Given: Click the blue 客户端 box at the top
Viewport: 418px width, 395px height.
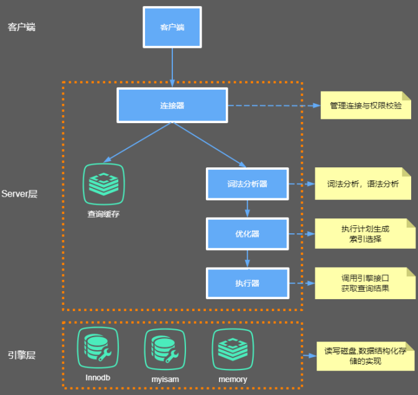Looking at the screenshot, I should pos(172,27).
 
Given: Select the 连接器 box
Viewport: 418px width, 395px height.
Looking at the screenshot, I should pos(172,105).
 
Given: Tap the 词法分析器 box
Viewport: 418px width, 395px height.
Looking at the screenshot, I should pos(248,184).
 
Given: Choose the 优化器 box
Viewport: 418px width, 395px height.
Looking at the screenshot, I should pos(248,234).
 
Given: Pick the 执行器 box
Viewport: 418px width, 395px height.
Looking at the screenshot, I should pos(248,284).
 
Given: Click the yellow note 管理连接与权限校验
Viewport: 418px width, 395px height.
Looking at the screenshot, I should pos(366,106).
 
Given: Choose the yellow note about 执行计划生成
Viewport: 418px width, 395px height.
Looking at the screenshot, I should pos(365,234).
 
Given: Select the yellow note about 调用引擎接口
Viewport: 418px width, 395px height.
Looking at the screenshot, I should pos(365,284).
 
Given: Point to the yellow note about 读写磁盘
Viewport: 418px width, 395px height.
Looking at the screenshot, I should pos(365,356).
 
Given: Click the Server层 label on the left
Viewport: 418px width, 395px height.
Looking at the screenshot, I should pos(20,194).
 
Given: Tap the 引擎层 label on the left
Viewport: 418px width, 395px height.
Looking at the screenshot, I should pos(22,355).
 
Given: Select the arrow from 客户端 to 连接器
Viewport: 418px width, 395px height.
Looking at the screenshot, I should pos(172,67).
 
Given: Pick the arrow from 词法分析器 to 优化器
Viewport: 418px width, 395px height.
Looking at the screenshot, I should pos(248,208).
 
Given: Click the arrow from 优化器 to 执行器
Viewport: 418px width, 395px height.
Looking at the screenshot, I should pos(248,258).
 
